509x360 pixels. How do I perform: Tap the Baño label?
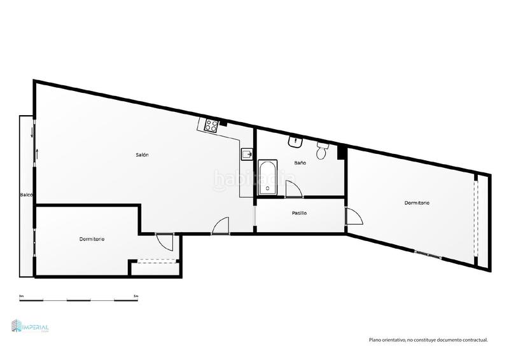point(300,163)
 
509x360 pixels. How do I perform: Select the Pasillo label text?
point(299,213)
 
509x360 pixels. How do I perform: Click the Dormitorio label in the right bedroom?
point(417,203)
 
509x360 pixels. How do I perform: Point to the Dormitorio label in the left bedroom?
point(92,239)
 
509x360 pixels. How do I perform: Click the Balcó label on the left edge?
point(26,195)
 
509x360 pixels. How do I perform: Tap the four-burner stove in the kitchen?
point(212,125)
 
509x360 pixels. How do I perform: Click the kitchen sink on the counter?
point(247,153)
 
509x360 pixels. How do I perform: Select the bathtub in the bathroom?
point(267,178)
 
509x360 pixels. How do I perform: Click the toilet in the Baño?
point(322,151)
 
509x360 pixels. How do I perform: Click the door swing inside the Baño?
point(293,189)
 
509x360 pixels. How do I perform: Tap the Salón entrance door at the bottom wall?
point(220,226)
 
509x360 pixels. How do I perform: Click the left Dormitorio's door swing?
point(164,242)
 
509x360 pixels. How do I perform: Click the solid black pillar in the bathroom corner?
point(342,152)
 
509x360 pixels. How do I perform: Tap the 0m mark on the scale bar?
point(22,296)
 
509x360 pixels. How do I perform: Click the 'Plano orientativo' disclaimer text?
point(428,340)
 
